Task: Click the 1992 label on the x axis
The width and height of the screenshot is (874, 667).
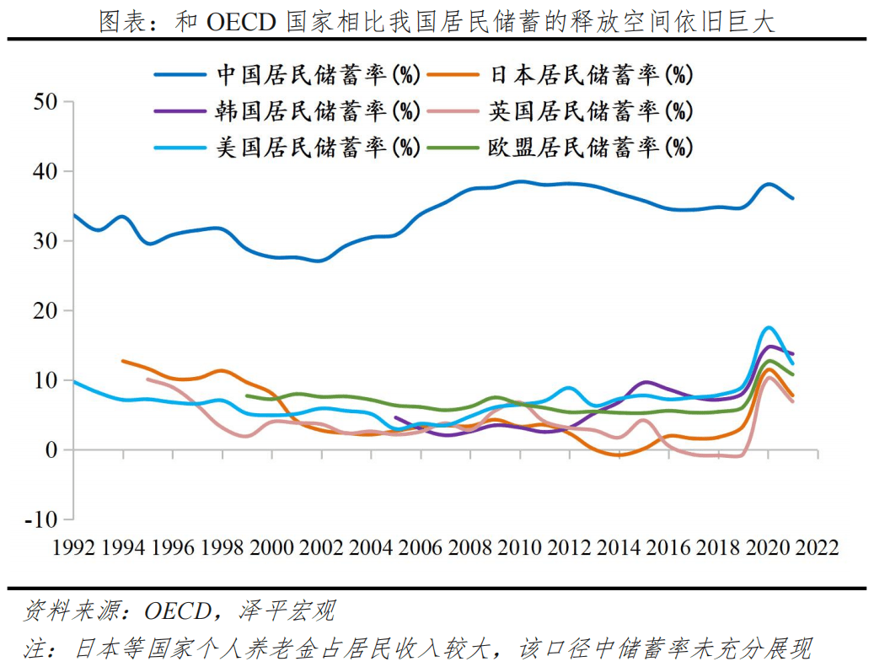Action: pyautogui.click(x=74, y=548)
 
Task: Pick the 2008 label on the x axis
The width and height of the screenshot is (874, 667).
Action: pyautogui.click(x=470, y=548)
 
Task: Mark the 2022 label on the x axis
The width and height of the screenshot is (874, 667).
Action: pyautogui.click(x=817, y=548)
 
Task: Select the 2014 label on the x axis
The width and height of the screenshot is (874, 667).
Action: pyautogui.click(x=619, y=548)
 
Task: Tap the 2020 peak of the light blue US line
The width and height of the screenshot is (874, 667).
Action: pyautogui.click(x=768, y=327)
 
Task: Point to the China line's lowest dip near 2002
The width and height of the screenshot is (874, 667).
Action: pyautogui.click(x=319, y=261)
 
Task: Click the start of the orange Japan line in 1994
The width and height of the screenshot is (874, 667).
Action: pyautogui.click(x=124, y=361)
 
